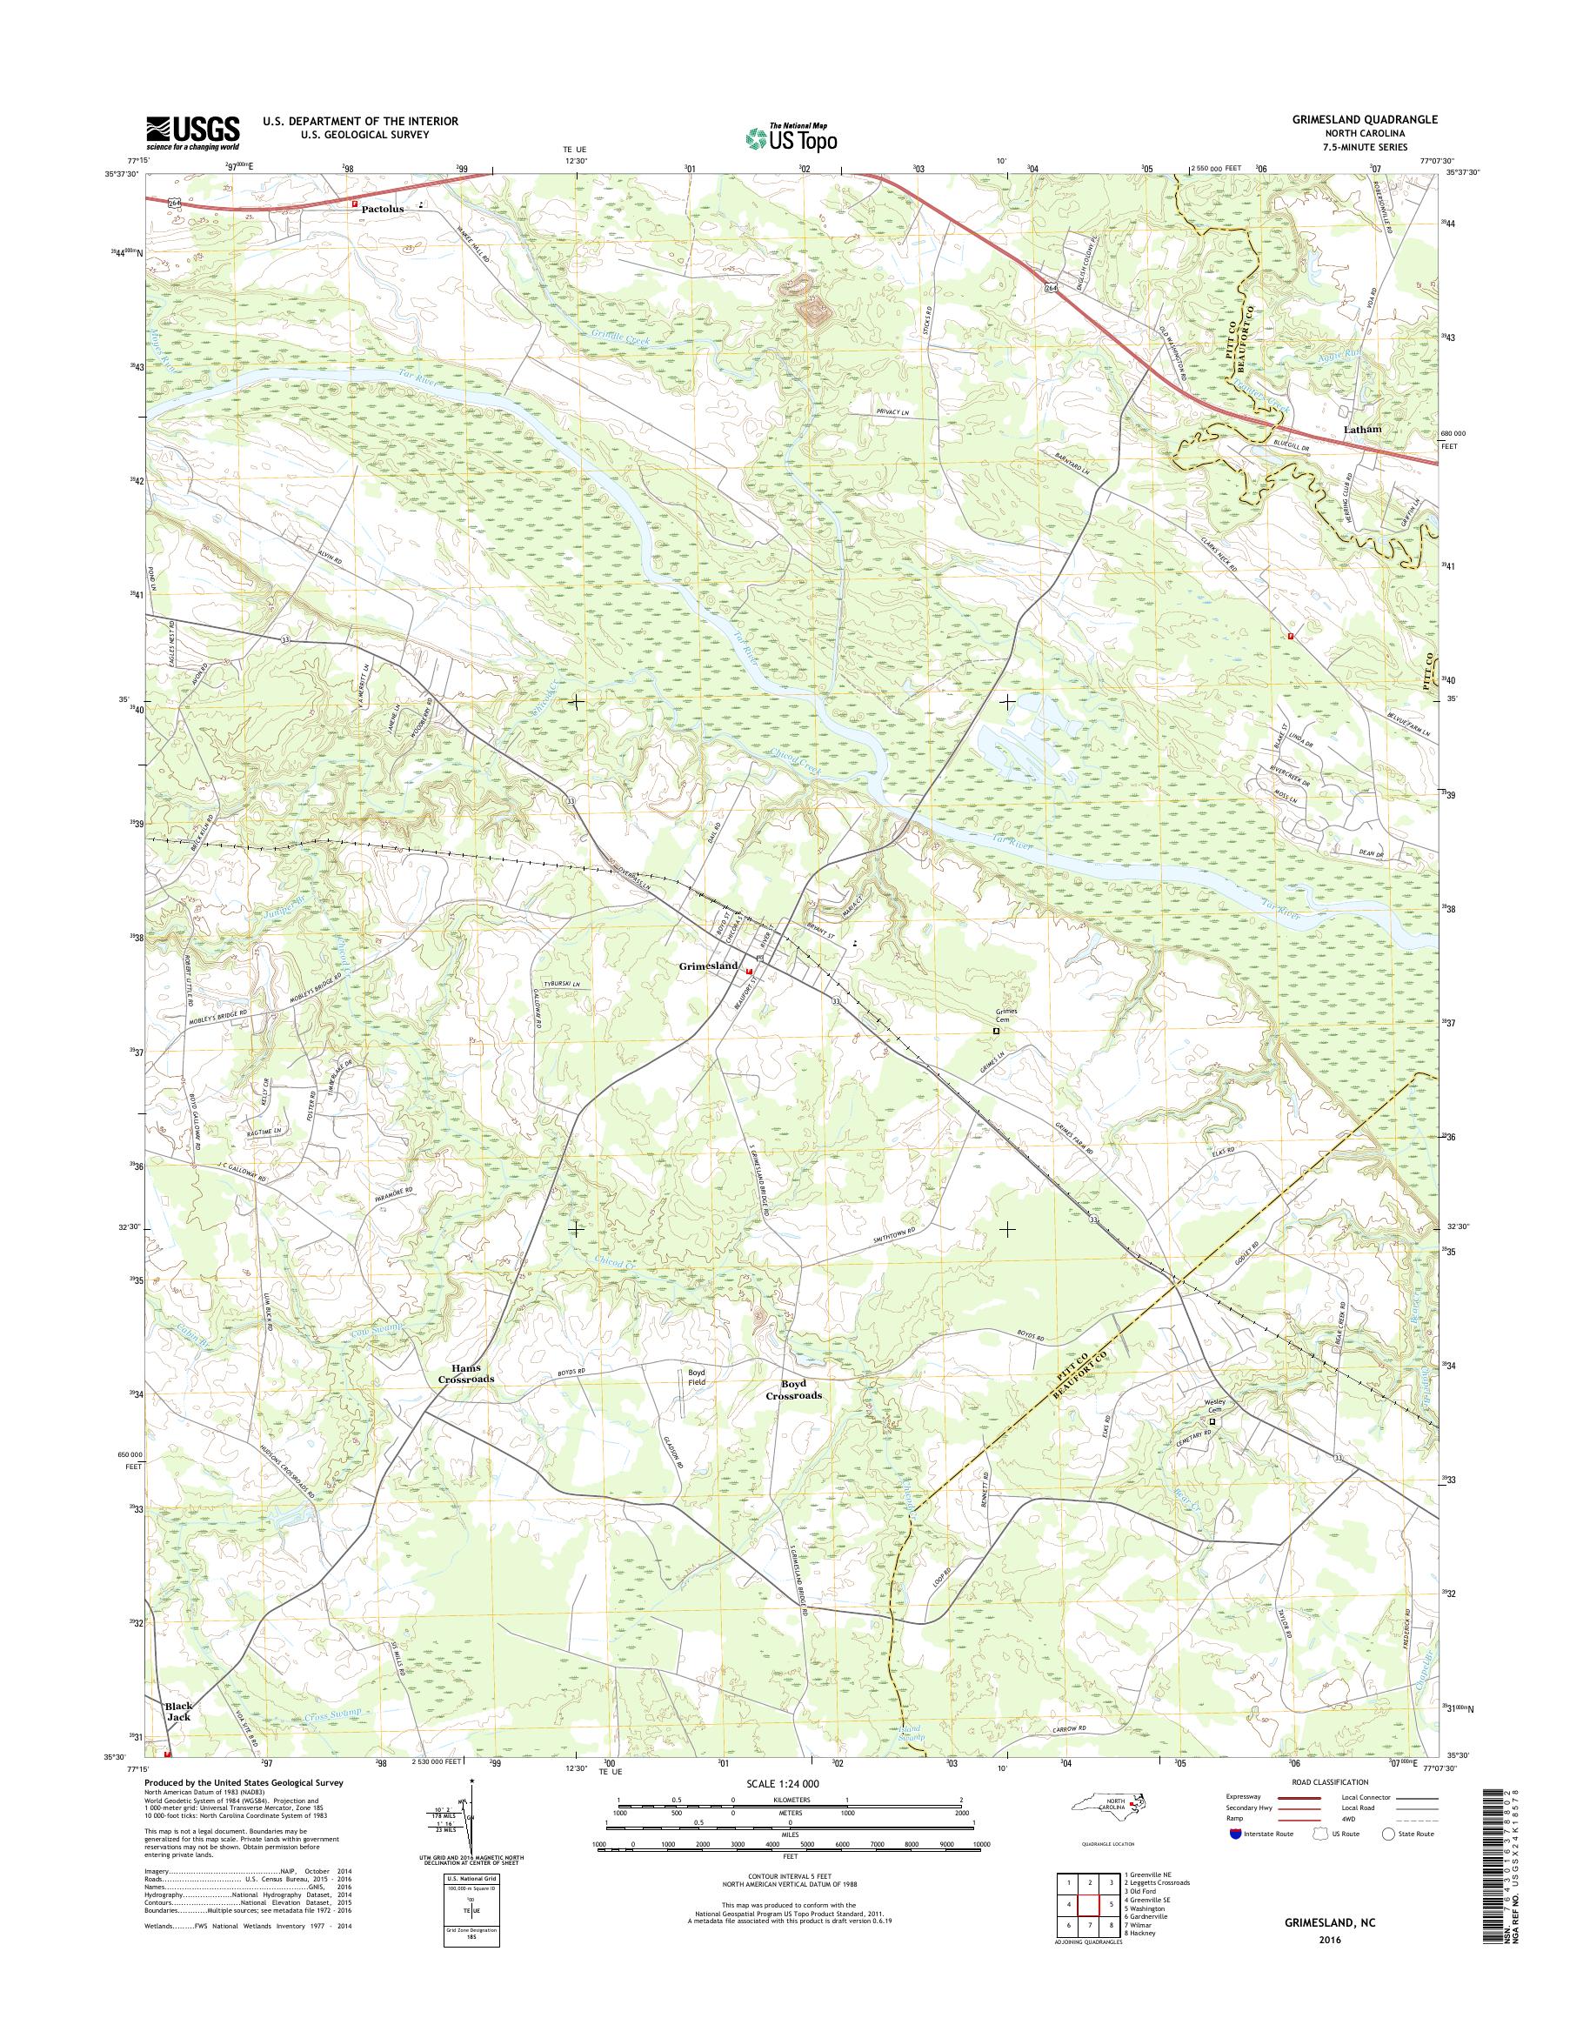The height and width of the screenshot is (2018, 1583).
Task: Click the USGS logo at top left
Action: [192, 132]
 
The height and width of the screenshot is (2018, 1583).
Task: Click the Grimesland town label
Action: [708, 966]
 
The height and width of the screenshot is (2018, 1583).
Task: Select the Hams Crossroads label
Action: [466, 1373]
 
